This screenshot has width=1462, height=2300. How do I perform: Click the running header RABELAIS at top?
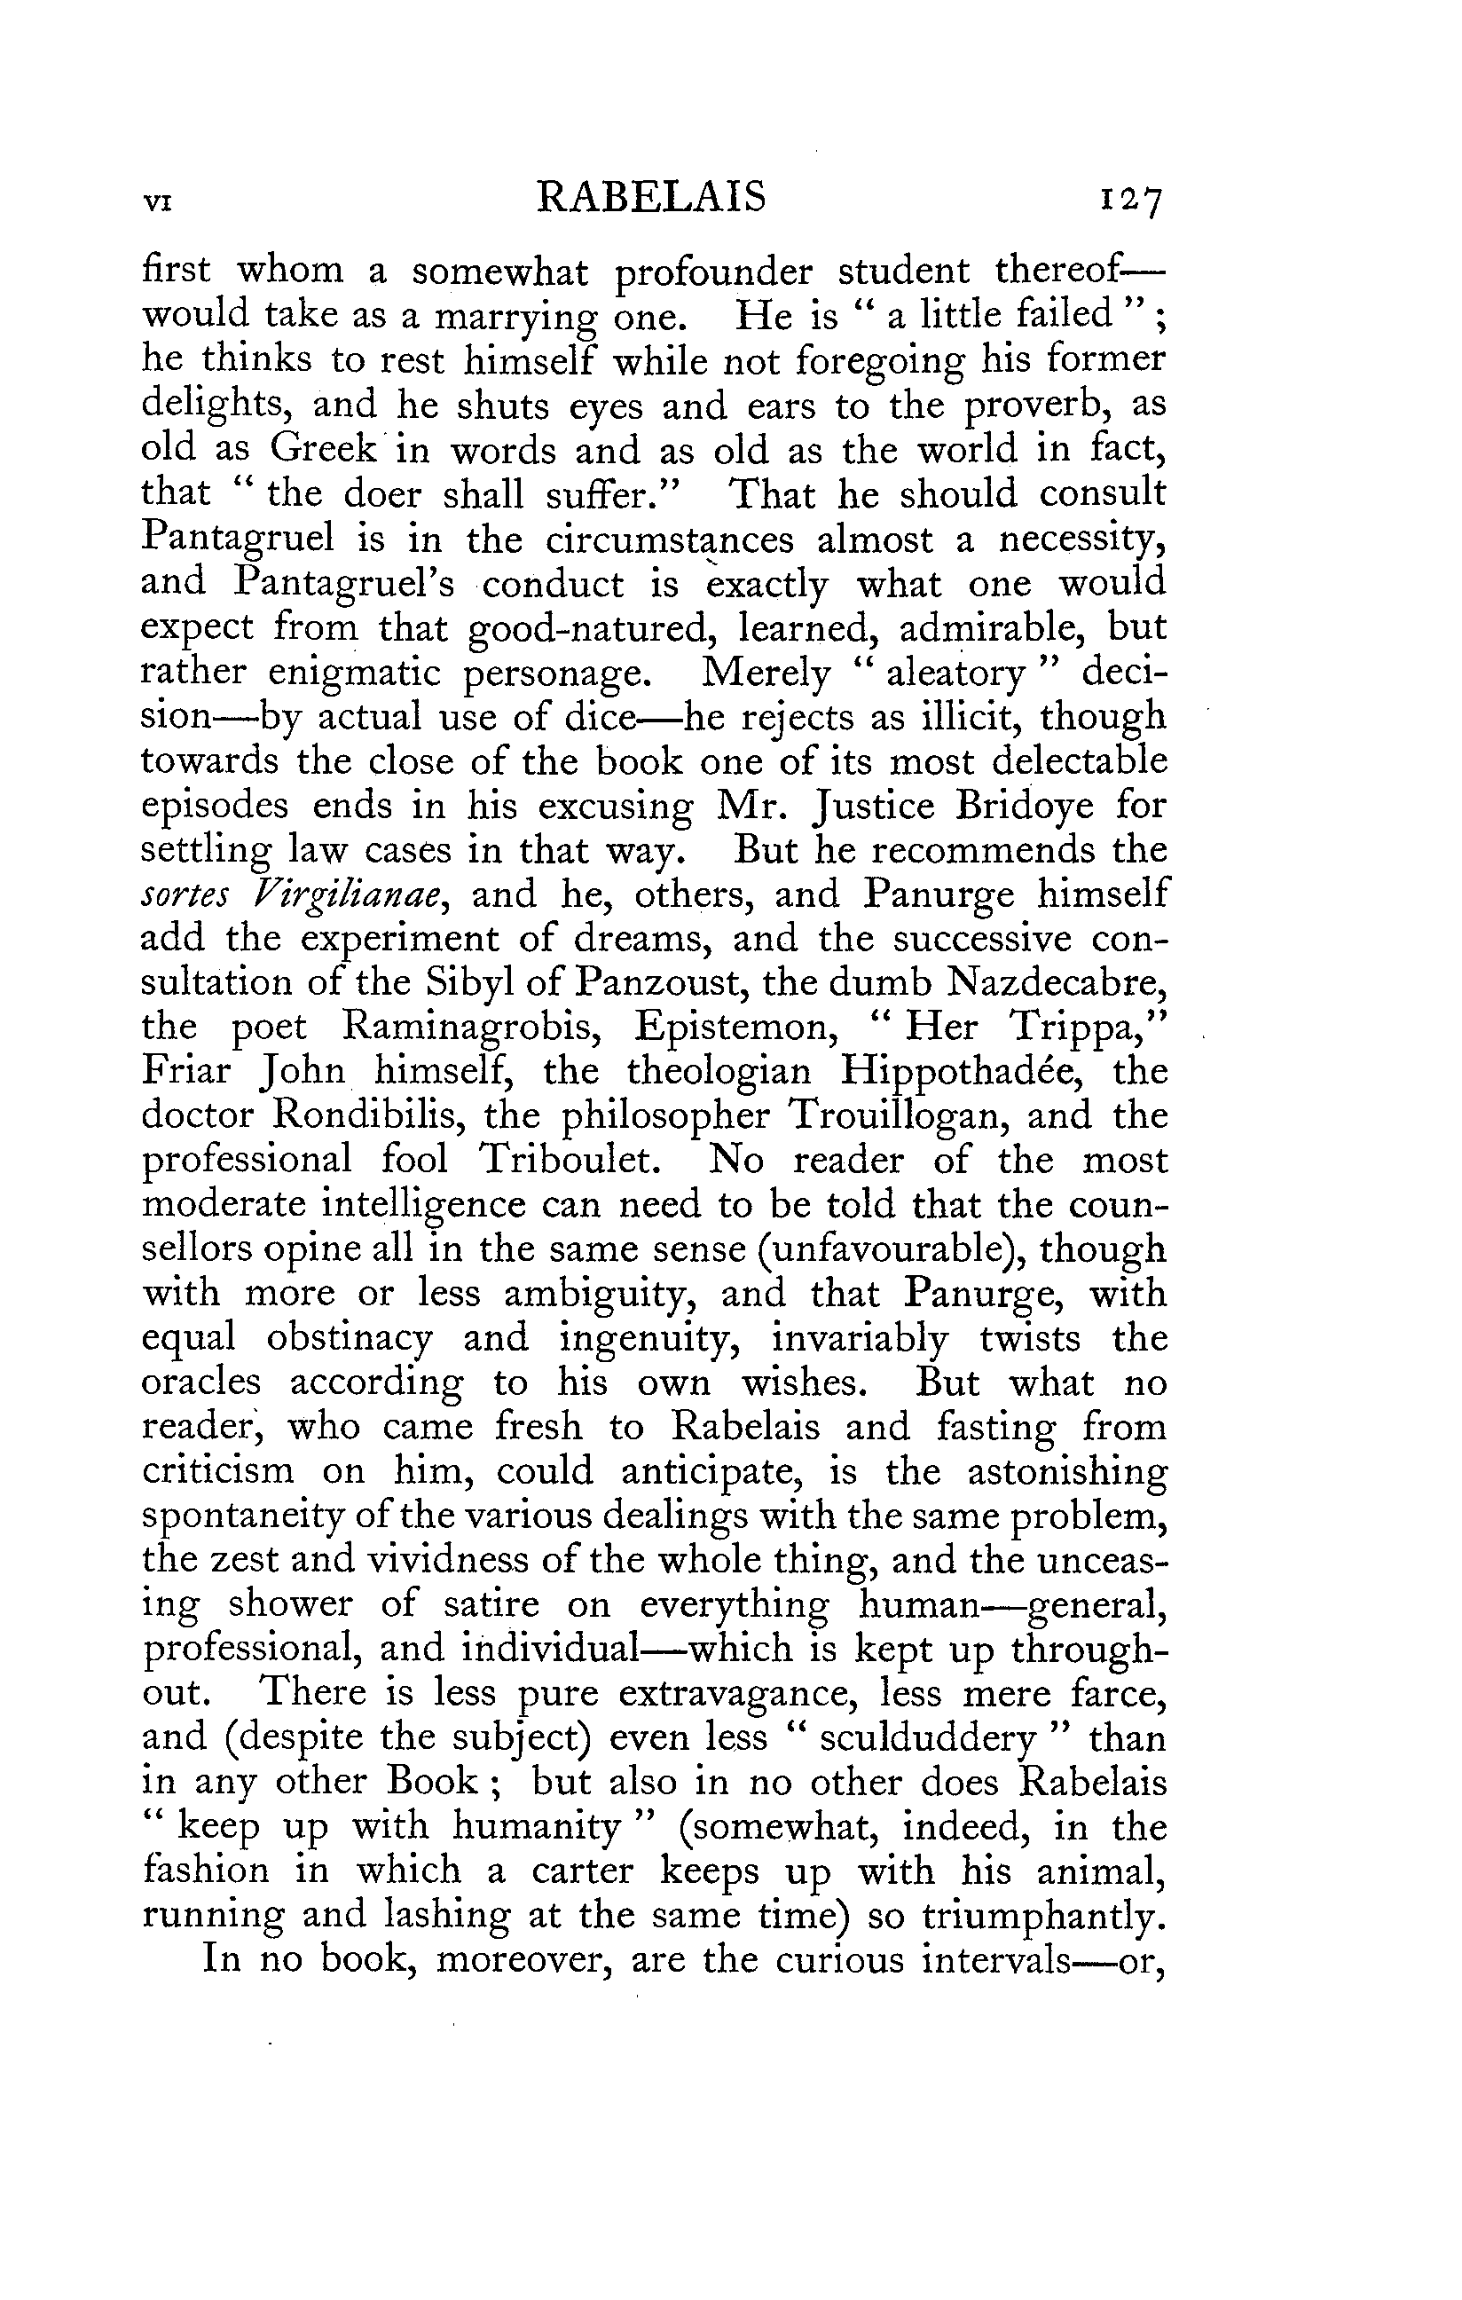click(651, 198)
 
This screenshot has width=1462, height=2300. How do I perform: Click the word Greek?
click(325, 448)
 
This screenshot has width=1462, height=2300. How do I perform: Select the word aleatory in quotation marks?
click(955, 673)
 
